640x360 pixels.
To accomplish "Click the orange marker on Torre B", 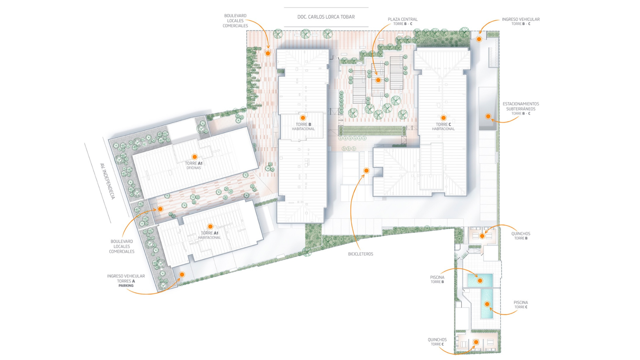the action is coord(303,118).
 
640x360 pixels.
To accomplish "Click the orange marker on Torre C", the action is coord(444,118).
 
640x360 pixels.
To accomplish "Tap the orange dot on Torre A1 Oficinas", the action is coord(194,156).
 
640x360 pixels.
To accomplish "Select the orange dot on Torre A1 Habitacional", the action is coord(210,226).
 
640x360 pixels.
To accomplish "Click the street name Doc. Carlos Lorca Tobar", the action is coord(326,17).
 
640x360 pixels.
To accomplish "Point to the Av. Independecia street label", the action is coord(108,182).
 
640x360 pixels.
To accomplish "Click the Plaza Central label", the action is coord(402,21).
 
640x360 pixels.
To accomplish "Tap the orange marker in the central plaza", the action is coord(378,80).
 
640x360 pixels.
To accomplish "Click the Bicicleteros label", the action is coord(360,254).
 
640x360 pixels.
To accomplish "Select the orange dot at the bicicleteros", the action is coord(366,171).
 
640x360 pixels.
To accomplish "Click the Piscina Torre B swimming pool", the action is coord(480,280).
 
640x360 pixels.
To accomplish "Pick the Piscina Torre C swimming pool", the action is coord(487,304).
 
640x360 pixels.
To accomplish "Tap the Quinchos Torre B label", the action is coord(521,236).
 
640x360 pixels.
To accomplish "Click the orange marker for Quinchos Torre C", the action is coord(476,342).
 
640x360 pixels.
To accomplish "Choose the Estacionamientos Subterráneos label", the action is coord(521,108).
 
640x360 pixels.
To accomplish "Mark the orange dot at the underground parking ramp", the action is coord(488,116).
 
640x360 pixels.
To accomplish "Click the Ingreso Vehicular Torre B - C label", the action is coord(521,22).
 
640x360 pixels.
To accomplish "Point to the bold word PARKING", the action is coord(126,286).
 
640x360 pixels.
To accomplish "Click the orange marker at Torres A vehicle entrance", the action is coord(182,274).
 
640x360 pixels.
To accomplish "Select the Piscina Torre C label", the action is coord(521,304).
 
